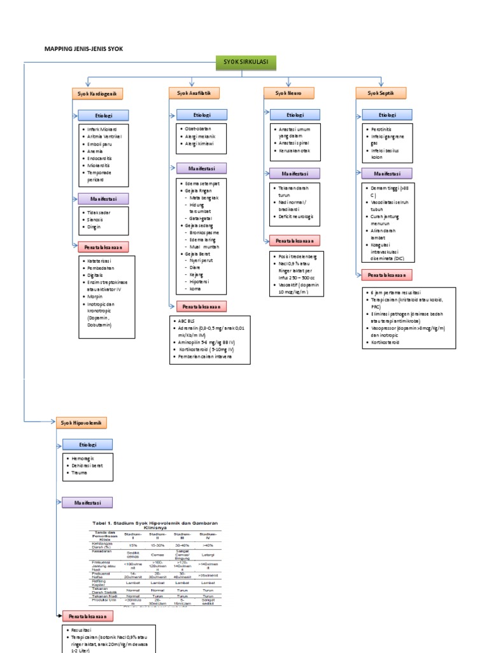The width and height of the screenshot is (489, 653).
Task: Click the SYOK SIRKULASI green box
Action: click(x=245, y=62)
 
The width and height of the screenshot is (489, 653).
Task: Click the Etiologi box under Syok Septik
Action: click(x=386, y=115)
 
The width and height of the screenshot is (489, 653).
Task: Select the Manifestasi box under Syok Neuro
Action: click(x=294, y=173)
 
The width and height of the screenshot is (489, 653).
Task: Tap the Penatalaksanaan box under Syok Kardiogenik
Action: click(x=102, y=247)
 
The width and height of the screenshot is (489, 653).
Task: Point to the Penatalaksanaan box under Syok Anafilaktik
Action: click(x=201, y=306)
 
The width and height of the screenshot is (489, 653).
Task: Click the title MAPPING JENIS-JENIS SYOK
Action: click(x=83, y=48)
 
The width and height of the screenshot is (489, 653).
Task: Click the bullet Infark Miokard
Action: click(x=102, y=129)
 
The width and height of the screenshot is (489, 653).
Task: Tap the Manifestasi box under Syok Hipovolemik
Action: click(x=87, y=503)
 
